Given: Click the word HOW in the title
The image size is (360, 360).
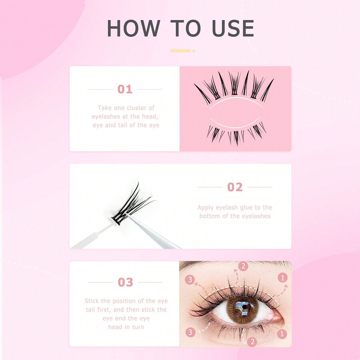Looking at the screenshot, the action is pos(133,28).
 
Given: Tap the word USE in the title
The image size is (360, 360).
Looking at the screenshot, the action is pos(233,28).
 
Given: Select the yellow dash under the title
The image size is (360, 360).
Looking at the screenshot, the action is pos(180,51).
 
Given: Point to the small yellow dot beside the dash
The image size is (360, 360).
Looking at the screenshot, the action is pos(194,51).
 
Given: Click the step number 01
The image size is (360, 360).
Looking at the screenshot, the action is pos(125,89).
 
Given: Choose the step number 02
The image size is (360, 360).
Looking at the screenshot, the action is pos(235,187).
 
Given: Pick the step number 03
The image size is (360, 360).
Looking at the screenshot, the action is pos(125,282).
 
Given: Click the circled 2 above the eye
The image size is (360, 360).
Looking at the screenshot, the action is pos(243,266).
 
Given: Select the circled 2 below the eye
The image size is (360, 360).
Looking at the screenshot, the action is pos(252,342).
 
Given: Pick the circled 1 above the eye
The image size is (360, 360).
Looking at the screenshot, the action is pos(283,278).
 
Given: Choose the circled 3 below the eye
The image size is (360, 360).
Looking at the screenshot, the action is pos(190,332).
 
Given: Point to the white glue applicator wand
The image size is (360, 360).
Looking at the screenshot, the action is pos(92,236).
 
